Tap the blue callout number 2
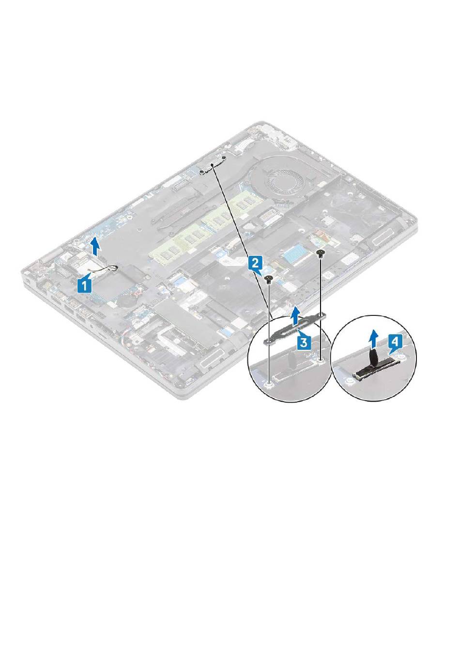coord(255,264)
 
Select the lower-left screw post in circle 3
coord(270,383)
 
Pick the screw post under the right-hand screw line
coord(321,359)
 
